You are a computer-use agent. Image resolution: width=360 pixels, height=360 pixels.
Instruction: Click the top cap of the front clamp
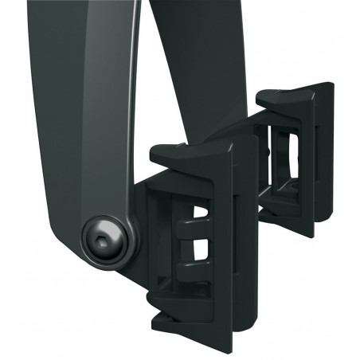coord(191,151)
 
